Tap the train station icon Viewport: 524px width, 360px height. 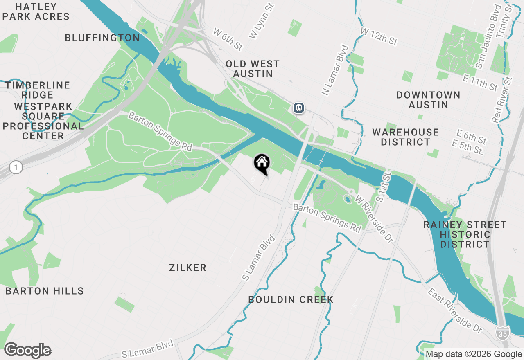click(x=299, y=108)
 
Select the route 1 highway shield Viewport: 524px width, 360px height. click(x=16, y=167)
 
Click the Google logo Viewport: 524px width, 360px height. click(x=27, y=351)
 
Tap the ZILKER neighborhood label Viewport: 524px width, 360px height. click(x=187, y=268)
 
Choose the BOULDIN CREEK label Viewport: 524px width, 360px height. click(x=291, y=300)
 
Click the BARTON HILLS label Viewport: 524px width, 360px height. click(x=45, y=291)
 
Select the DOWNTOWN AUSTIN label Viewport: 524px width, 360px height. click(x=428, y=100)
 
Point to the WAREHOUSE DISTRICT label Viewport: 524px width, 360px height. click(x=405, y=137)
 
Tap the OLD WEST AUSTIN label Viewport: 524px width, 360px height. click(x=253, y=69)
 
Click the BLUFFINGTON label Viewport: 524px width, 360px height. click(x=102, y=38)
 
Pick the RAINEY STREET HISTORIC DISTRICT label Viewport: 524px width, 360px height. click(x=465, y=234)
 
